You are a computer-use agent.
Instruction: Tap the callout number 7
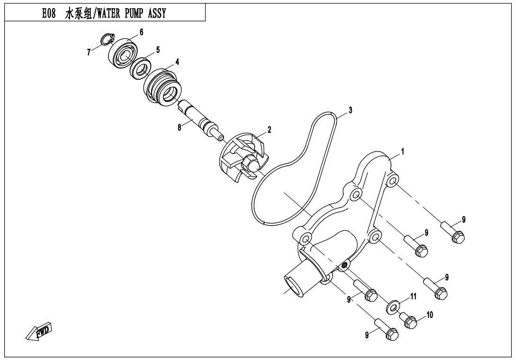coord(89,53)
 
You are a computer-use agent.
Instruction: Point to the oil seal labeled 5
coord(141,68)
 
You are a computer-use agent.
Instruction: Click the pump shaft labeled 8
coord(199,121)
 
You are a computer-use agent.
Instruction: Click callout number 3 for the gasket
coord(350,110)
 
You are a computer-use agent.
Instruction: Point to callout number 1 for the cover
coord(402,152)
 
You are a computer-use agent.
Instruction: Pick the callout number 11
coord(413,297)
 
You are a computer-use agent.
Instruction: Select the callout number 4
coord(177,62)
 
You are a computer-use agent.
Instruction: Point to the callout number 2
coord(269,129)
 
